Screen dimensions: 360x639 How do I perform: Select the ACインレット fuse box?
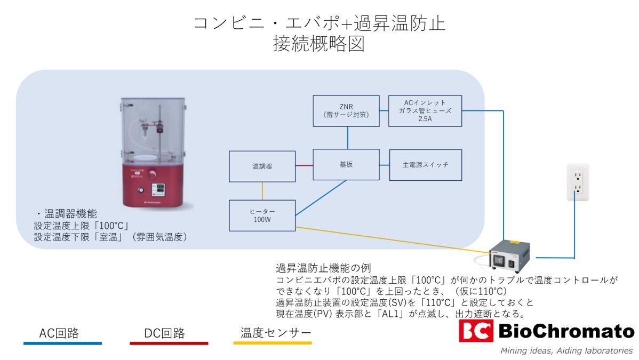pos(425,111)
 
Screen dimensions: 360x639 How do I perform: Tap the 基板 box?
pos(346,164)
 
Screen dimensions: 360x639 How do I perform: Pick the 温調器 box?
pos(262,166)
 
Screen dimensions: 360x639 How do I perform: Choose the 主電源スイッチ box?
pos(425,164)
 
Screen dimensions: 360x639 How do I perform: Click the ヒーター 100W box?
pos(262,215)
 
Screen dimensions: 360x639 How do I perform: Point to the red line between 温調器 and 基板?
pos(304,165)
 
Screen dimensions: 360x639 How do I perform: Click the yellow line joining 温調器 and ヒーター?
pos(262,190)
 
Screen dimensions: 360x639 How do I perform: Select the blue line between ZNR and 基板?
pos(347,138)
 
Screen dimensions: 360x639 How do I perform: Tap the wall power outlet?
pos(577,182)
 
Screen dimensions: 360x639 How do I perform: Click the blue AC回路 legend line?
pos(62,343)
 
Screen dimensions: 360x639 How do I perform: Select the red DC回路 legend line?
pos(169,343)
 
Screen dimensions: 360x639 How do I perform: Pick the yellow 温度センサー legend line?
pos(273,343)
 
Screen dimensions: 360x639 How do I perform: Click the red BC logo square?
pos(476,331)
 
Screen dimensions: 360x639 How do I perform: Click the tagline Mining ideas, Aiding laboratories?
pos(566,350)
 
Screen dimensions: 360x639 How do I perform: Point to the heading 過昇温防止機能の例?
pos(323,268)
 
